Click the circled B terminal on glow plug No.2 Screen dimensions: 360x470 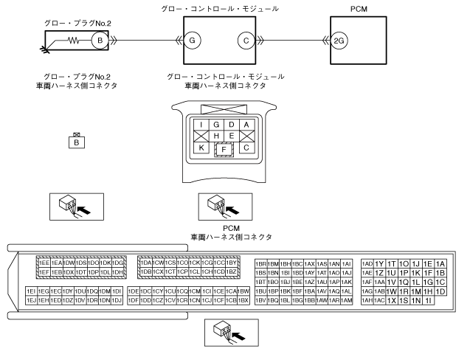click(97, 41)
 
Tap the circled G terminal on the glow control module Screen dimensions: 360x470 click(191, 41)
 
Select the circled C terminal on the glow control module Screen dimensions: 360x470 click(246, 41)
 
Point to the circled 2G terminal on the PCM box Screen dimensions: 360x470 click(339, 41)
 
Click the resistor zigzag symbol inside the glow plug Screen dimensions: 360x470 click(75, 41)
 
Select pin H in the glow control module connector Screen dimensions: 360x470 click(216, 136)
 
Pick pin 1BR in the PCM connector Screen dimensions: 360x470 click(260, 263)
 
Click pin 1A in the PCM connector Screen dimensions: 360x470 click(440, 263)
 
